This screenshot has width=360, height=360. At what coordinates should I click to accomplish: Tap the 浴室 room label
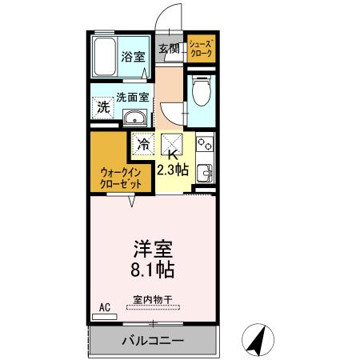pos(134,57)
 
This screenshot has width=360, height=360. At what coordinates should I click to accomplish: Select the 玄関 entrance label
pos(169,48)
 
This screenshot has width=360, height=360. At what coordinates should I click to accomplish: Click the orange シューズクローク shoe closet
pos(201,49)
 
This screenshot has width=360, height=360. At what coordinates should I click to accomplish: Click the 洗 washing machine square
pos(102,106)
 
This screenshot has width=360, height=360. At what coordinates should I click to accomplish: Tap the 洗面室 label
pos(133,98)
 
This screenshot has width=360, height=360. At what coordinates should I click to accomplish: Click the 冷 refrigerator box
pos(144,146)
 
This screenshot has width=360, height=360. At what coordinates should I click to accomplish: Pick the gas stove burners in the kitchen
pos(203,146)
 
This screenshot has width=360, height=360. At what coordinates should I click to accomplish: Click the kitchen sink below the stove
pos(204,171)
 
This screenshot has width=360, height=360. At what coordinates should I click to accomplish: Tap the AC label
pos(104,306)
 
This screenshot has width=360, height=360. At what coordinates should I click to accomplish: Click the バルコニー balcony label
pos(153,340)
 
